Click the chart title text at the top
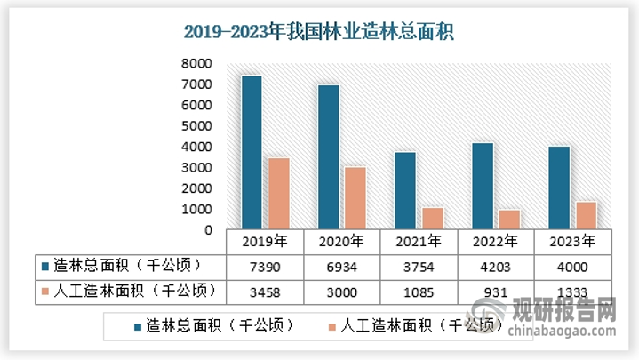click(x=318, y=33)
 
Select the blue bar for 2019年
click(x=252, y=152)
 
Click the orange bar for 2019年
click(x=278, y=194)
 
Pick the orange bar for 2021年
click(x=432, y=219)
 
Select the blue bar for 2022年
click(x=482, y=186)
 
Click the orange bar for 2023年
click(x=586, y=216)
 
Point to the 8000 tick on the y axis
click(x=196, y=64)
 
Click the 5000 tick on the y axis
click(x=196, y=126)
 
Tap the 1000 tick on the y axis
click(x=196, y=210)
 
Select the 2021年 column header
click(x=418, y=241)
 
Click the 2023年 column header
click(x=572, y=241)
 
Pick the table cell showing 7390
click(x=265, y=266)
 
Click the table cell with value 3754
click(x=418, y=266)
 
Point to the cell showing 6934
click(x=341, y=266)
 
